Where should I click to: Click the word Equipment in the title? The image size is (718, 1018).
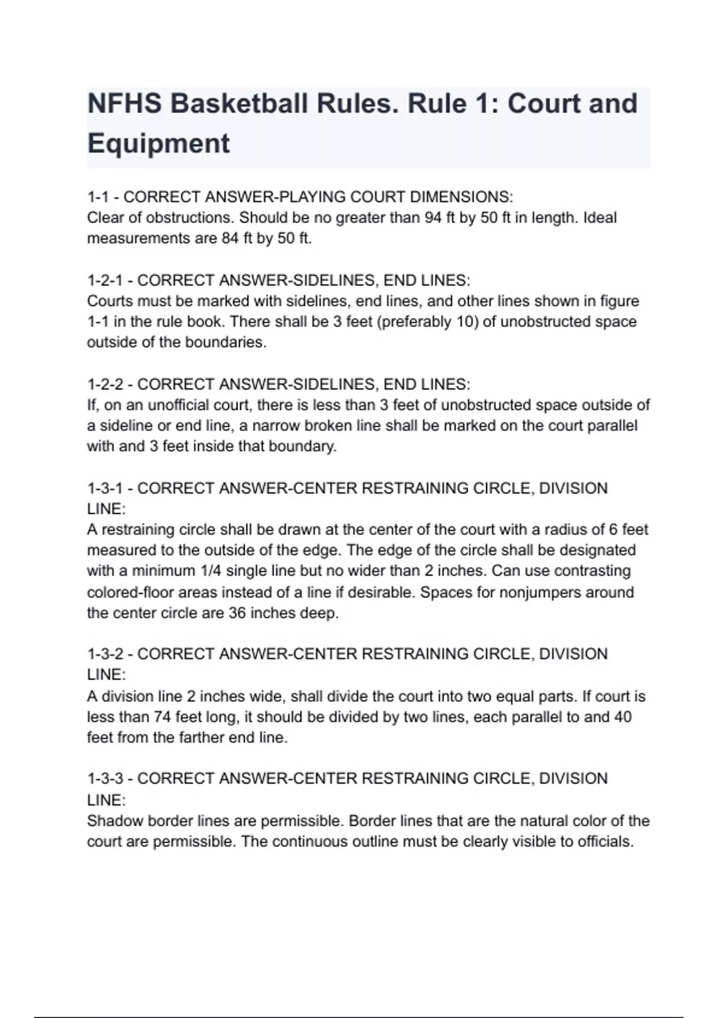(x=159, y=144)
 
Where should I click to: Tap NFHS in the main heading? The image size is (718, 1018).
(x=124, y=104)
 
